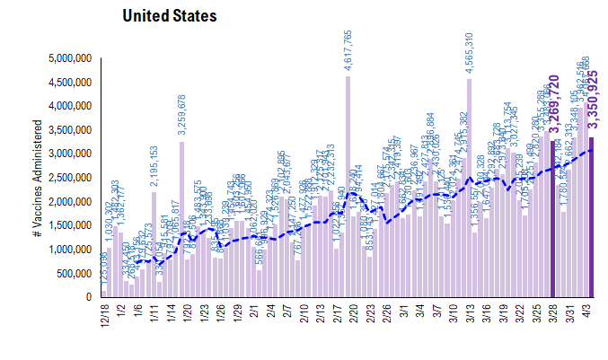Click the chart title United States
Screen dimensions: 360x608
169,16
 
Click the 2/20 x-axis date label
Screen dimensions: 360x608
348,315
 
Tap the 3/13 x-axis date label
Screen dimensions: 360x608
469,315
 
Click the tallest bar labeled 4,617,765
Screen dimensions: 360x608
348,189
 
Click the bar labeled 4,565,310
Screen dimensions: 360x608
469,189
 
